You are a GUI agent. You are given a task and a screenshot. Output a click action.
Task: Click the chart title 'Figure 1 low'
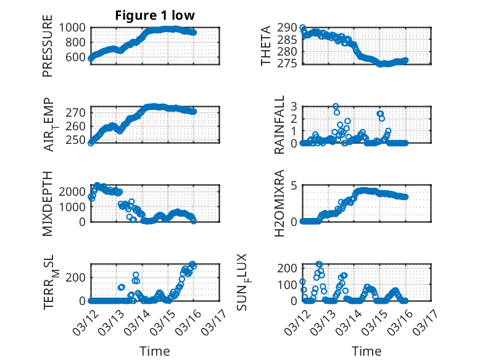pyautogui.click(x=155, y=16)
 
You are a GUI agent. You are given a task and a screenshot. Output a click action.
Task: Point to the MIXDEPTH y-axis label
pyautogui.click(x=48, y=203)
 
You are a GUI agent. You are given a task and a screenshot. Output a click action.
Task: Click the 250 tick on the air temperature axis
pyautogui.click(x=78, y=140)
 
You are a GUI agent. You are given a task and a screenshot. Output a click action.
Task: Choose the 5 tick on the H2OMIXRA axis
pyautogui.click(x=294, y=185)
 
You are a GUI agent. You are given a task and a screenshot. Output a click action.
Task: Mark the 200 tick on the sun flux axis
pyautogui.click(x=288, y=267)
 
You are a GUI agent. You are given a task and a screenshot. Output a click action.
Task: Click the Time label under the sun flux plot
pyautogui.click(x=366, y=351)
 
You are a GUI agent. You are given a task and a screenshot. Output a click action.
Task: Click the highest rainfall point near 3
pyautogui.click(x=336, y=107)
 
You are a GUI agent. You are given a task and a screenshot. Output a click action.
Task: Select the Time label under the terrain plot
pyautogui.click(x=155, y=351)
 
